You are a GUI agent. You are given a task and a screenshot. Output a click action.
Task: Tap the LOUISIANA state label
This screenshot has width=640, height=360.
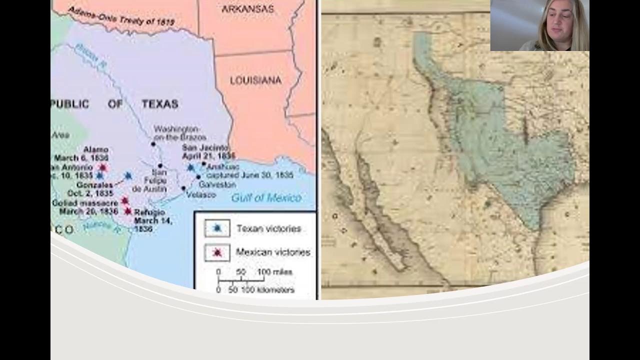point(255,80)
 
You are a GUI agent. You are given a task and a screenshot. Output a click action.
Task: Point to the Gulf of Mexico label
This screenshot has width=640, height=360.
point(266,198)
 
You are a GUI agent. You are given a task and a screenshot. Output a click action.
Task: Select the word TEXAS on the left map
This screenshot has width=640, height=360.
point(159,104)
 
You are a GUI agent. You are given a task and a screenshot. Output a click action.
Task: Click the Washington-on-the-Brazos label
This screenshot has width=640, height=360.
point(179,132)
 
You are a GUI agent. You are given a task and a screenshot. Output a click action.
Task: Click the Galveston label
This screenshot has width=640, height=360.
point(220,184)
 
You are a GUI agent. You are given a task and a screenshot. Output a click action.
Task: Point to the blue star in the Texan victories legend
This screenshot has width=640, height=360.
point(217,228)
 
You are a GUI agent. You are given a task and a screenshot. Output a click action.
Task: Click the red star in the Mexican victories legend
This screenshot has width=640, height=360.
point(217,252)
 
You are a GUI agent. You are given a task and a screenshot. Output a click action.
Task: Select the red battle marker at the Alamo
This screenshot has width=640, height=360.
point(103,167)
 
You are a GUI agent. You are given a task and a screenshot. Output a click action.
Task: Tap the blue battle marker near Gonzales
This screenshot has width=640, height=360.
point(128,176)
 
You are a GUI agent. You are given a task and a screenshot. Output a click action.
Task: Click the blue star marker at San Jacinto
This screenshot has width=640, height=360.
point(190,168)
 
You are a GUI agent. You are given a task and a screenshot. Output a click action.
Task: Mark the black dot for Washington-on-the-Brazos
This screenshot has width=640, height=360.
point(153,144)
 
